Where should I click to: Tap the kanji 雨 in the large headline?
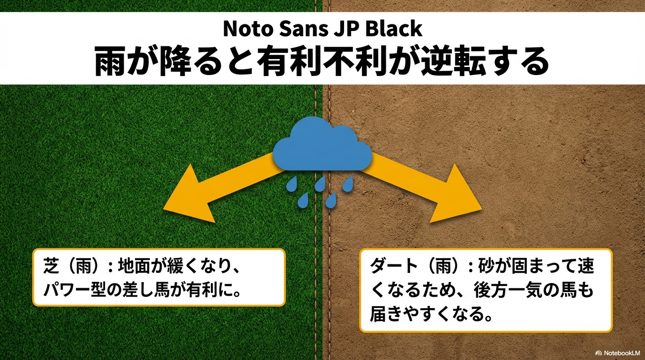(x=110, y=61)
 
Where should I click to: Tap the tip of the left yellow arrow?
(x=164, y=208)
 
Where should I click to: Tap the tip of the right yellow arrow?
(x=482, y=209)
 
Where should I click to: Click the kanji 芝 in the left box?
(x=52, y=266)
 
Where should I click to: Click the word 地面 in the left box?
(x=135, y=266)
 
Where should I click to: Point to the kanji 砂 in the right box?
(x=487, y=266)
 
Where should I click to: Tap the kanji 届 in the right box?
(x=378, y=315)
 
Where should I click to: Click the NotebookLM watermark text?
(x=622, y=353)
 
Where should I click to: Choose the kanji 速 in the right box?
(x=585, y=266)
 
